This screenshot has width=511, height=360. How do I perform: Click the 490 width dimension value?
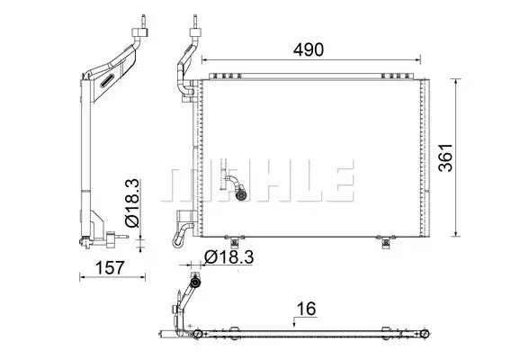(x=309, y=49)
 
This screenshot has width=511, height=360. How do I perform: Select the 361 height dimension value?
(x=445, y=157)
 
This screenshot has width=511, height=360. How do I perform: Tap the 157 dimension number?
(x=110, y=267)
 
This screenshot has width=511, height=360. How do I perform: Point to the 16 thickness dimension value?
(x=306, y=309)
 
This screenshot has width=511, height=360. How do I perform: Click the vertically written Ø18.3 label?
(x=132, y=202)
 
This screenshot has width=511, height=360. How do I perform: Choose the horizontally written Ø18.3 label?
(x=229, y=257)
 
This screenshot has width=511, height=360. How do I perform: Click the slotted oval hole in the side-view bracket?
(x=107, y=80)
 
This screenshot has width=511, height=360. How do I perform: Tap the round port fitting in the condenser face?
(x=241, y=194)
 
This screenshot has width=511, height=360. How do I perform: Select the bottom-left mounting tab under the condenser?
(x=234, y=241)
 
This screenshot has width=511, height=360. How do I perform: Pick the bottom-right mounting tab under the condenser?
(x=386, y=241)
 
